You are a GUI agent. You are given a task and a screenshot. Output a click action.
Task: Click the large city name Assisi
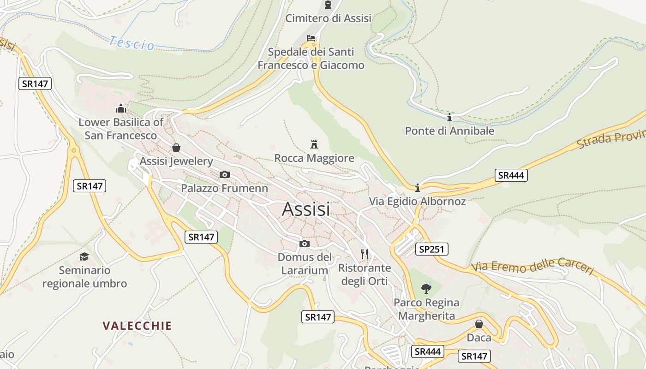(306, 209)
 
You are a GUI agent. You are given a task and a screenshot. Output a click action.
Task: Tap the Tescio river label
(132, 43)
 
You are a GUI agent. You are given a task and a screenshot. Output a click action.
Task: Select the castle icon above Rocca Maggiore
(314, 144)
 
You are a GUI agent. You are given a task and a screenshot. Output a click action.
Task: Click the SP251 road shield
(431, 249)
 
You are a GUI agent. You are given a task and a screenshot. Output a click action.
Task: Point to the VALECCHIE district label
(137, 326)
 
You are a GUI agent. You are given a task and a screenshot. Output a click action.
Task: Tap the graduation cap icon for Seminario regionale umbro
(84, 256)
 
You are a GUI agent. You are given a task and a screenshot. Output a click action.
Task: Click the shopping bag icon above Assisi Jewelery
(176, 148)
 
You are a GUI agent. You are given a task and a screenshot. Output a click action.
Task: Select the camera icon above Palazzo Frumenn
(224, 174)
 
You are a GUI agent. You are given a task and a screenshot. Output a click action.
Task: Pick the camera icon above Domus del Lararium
(304, 244)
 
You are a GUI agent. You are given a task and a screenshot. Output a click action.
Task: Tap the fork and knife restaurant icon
(365, 254)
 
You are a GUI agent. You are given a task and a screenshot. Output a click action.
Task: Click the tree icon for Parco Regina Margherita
(426, 289)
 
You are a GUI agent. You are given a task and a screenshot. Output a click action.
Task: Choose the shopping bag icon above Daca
(479, 324)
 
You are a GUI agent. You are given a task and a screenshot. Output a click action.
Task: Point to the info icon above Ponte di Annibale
(449, 117)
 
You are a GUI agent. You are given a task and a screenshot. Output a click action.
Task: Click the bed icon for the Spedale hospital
(311, 38)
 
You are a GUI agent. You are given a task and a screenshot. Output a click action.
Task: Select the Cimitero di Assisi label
(328, 18)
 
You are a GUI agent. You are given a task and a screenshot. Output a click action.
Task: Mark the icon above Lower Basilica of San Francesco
(121, 108)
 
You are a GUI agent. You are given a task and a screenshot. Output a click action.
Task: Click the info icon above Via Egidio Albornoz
(417, 188)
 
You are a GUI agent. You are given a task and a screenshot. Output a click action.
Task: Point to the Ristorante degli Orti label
(365, 274)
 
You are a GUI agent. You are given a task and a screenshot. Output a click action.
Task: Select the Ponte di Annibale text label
(449, 131)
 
